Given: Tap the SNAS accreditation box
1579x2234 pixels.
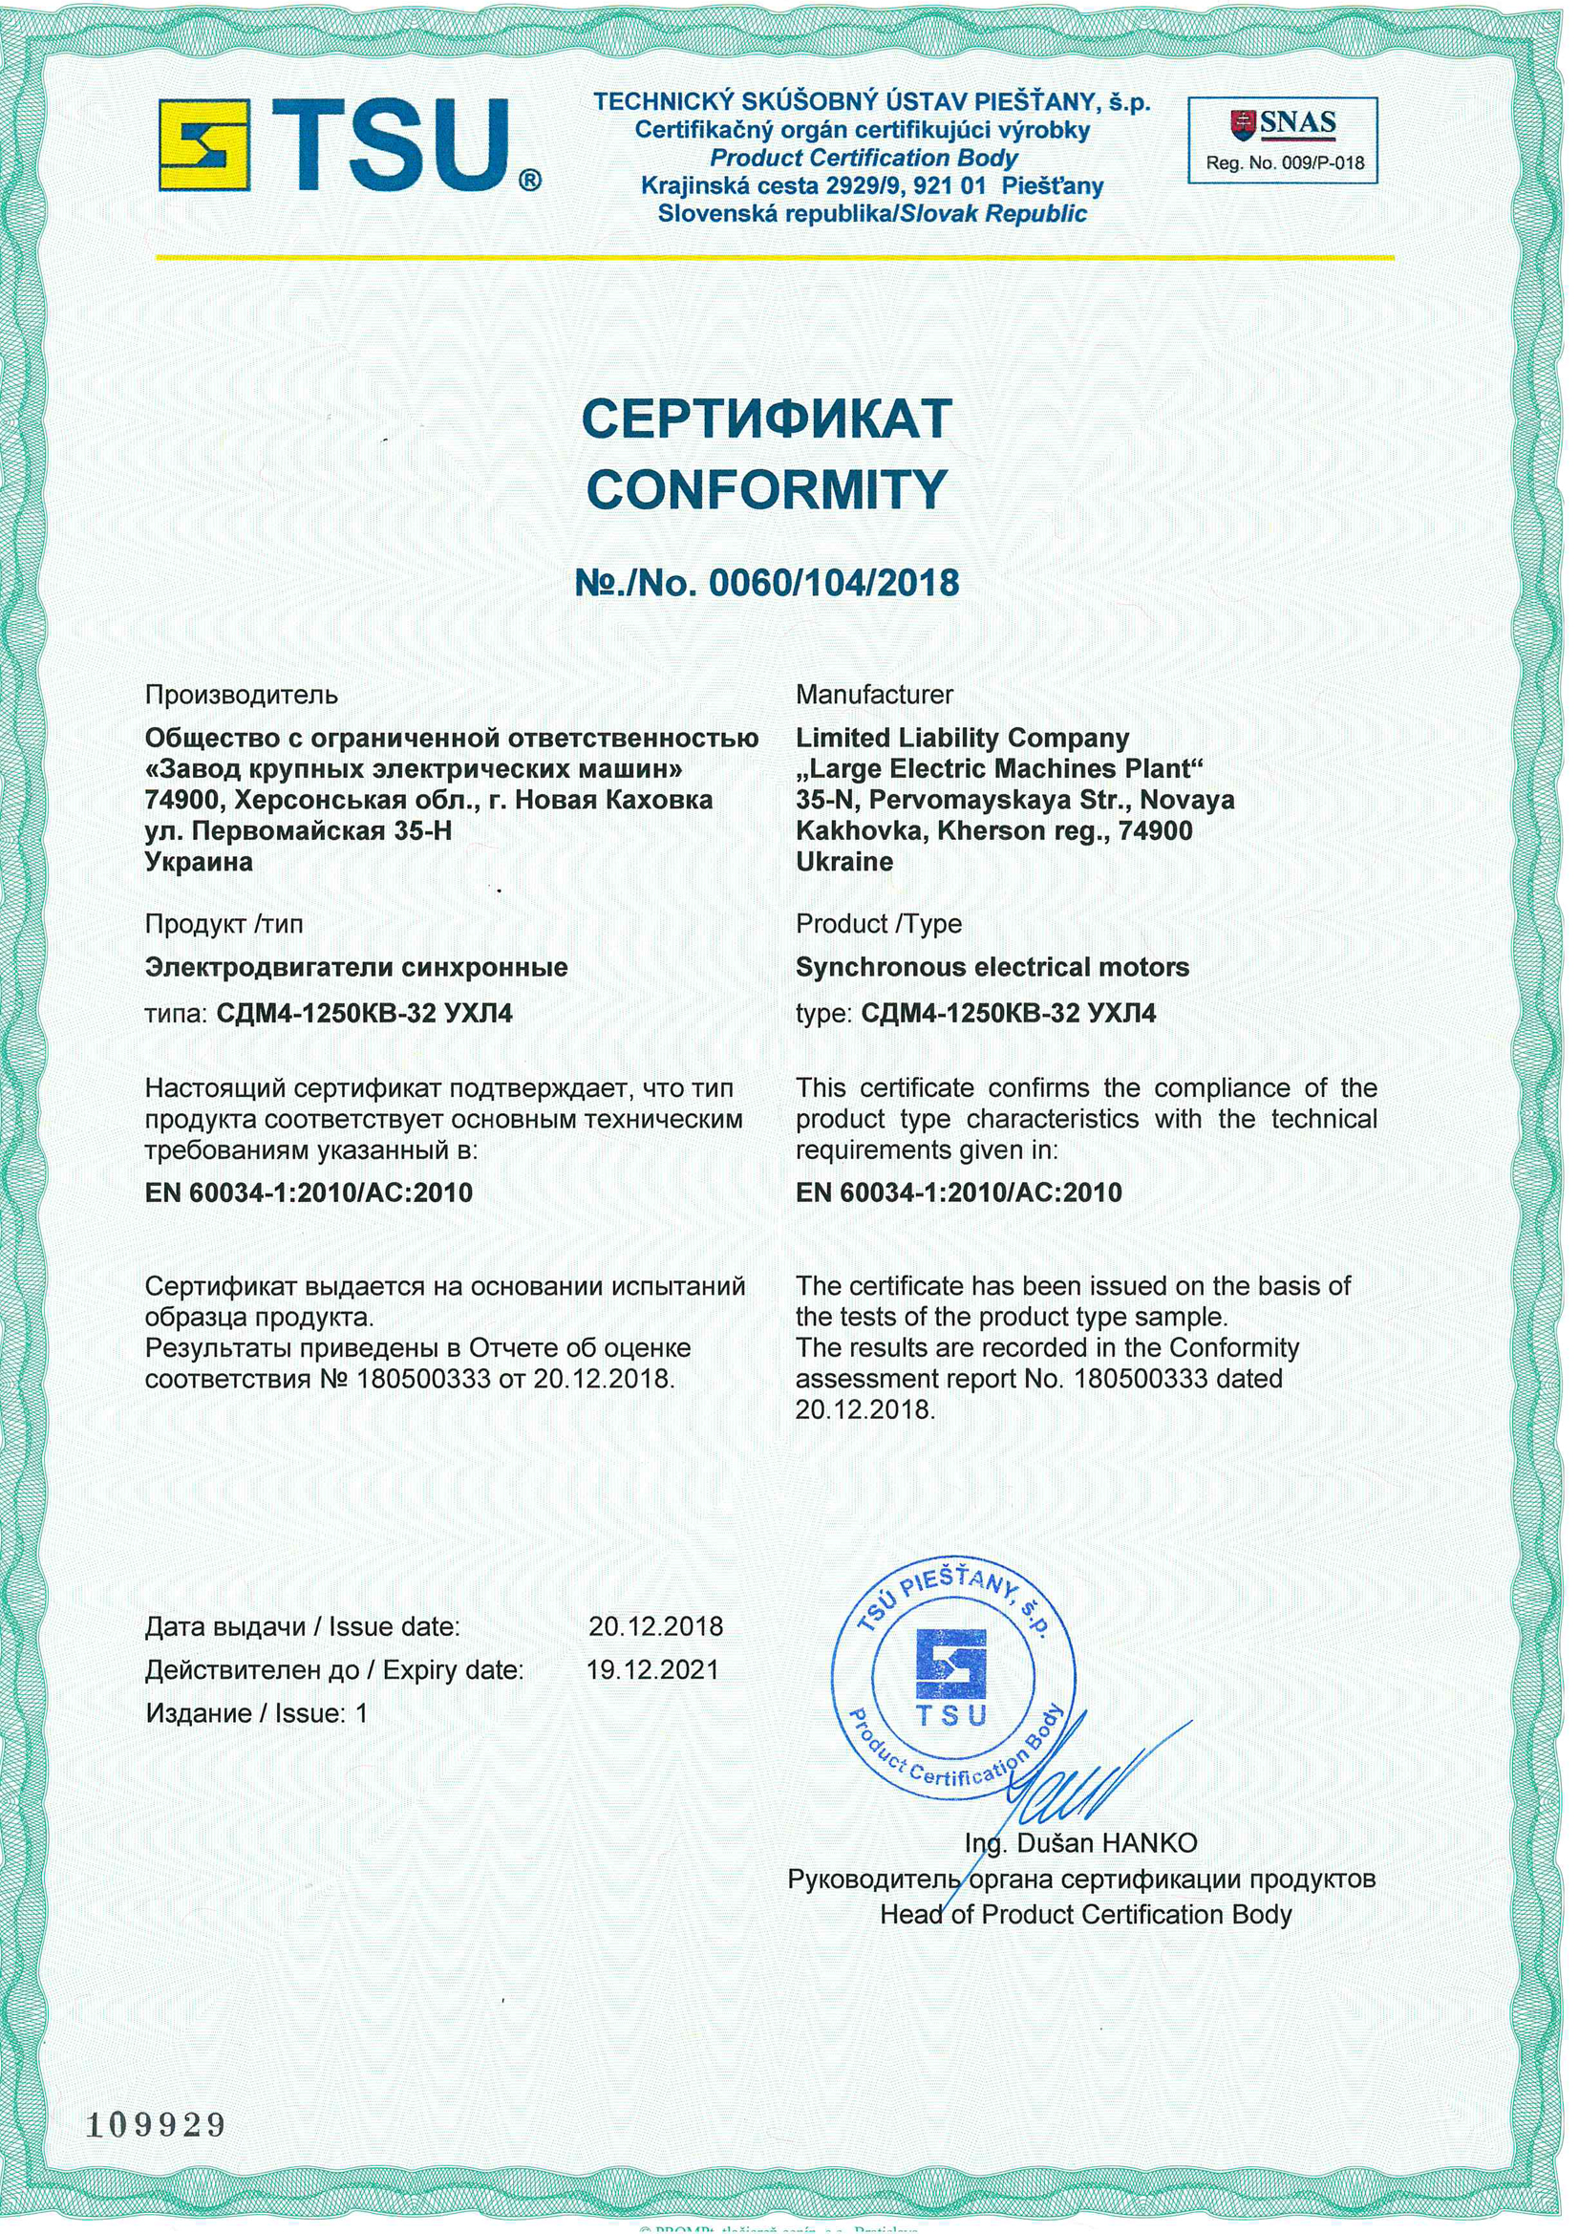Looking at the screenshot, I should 1283,140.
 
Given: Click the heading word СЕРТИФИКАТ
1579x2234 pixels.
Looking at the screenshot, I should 767,419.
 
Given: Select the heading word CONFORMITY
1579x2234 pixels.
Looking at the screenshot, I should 767,488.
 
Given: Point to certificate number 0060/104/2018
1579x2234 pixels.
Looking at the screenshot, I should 834,583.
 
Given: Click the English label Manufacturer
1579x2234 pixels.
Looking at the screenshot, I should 875,695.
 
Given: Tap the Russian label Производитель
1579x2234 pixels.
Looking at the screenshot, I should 242,695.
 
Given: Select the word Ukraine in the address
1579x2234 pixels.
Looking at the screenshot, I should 843,862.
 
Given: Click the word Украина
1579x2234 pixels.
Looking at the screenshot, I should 199,862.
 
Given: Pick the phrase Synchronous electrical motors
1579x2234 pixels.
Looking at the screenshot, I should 992,967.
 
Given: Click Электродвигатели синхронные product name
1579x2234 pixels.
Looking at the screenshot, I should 356,967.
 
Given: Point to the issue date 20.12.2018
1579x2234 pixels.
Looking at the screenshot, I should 655,1626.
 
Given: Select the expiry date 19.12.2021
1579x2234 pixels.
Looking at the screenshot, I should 652,1669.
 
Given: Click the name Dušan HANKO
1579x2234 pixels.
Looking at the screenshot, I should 1106,1843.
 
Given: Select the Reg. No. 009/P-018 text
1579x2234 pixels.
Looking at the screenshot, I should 1285,163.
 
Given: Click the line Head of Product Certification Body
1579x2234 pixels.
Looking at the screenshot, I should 1086,1915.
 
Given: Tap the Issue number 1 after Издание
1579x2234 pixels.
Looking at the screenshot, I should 362,1713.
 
